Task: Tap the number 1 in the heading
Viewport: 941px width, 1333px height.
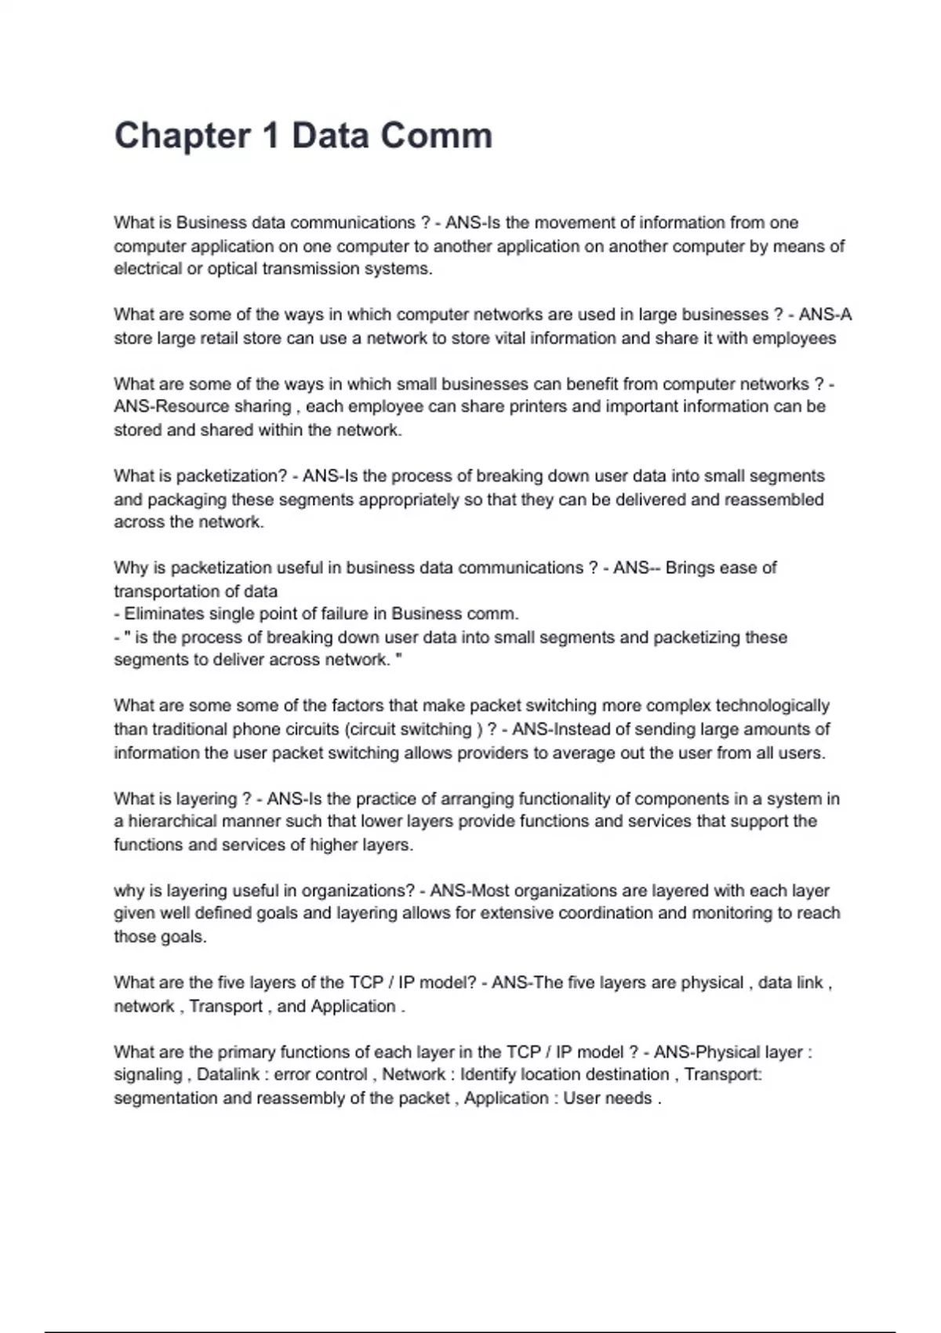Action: click(x=271, y=136)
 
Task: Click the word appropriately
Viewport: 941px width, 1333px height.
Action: click(x=409, y=499)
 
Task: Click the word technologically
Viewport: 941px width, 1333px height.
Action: click(x=772, y=706)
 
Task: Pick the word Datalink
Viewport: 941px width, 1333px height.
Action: click(x=228, y=1075)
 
